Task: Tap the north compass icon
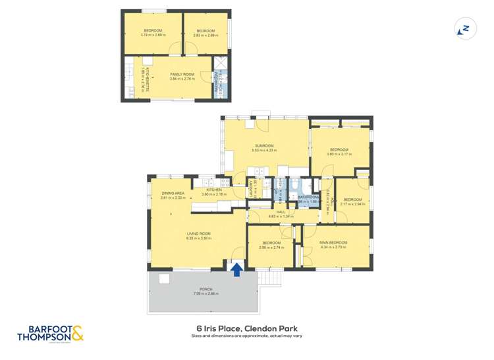pos(465,29)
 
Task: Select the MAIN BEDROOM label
pos(333,243)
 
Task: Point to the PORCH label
pos(205,290)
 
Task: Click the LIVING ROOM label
pos(199,233)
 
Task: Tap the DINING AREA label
pos(173,193)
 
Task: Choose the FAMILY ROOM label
pos(181,74)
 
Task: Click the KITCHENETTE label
pos(147,79)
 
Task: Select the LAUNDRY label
pos(251,189)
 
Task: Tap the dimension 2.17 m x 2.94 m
pos(353,204)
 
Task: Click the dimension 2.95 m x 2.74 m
pos(271,247)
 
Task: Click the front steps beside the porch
pos(270,278)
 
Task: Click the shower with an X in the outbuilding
pos(221,63)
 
